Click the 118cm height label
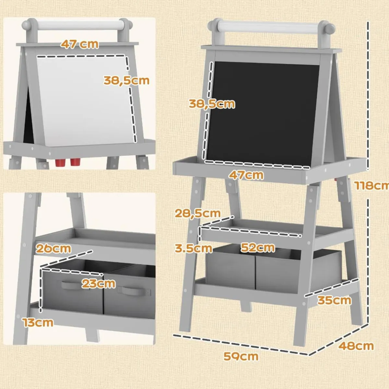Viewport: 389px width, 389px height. (x=372, y=186)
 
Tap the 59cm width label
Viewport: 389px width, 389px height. (x=241, y=356)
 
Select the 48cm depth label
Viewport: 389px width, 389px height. (x=356, y=346)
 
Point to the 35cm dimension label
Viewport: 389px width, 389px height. (x=334, y=301)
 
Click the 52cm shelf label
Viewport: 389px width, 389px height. (x=258, y=247)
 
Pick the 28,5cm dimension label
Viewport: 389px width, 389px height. (x=198, y=213)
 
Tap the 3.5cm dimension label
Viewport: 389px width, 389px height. (x=194, y=248)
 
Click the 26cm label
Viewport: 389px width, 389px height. (x=53, y=249)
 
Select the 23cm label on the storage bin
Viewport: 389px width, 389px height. (x=99, y=284)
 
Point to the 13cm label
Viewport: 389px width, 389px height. (x=38, y=322)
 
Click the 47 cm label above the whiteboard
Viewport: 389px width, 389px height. (x=80, y=44)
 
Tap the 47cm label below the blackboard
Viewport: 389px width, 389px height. (x=246, y=175)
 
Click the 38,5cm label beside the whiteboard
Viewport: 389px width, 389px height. (x=126, y=80)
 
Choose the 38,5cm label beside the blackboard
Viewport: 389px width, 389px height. (x=212, y=104)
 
